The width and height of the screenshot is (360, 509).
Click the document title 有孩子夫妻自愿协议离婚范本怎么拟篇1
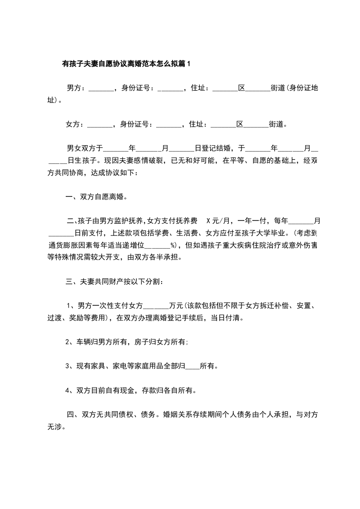(126, 64)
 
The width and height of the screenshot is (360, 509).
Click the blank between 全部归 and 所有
(192, 366)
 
